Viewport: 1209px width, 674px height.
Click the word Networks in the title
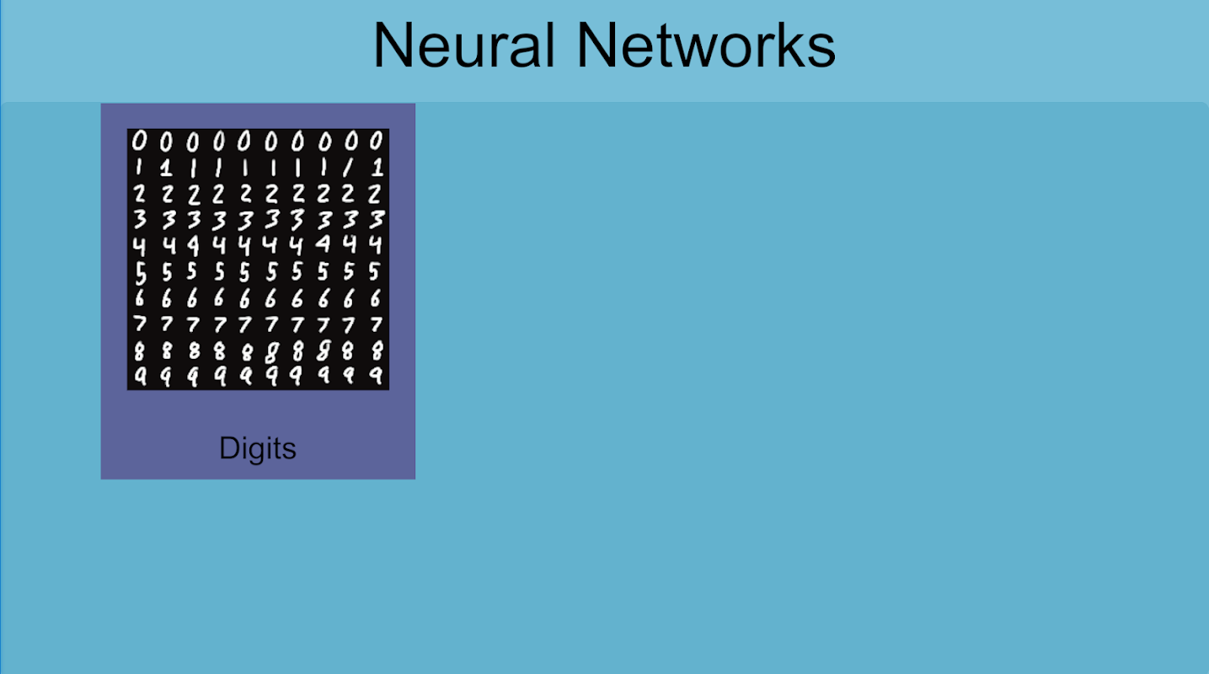click(705, 45)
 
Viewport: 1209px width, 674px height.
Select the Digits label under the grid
click(258, 448)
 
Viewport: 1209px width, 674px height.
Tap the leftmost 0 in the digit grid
click(140, 142)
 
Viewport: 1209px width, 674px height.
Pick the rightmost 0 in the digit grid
click(376, 142)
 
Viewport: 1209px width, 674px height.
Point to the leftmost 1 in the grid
click(140, 168)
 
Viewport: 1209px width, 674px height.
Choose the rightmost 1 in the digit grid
click(376, 168)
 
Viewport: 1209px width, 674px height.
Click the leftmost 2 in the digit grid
click(140, 194)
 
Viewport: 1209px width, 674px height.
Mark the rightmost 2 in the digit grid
click(376, 194)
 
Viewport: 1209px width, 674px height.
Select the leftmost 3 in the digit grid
click(140, 220)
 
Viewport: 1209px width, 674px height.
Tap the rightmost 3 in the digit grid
click(376, 220)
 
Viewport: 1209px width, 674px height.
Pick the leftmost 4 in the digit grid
click(140, 246)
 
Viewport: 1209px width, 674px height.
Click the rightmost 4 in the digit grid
click(376, 246)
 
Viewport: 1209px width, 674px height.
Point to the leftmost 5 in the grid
click(140, 272)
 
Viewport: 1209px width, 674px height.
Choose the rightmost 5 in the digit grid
click(376, 272)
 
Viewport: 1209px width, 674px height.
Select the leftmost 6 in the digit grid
click(140, 298)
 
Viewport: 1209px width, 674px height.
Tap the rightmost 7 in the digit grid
click(376, 324)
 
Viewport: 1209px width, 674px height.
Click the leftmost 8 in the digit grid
click(140, 350)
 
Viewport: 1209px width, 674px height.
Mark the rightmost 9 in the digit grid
click(376, 377)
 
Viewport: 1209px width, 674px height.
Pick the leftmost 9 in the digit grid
click(140, 377)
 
